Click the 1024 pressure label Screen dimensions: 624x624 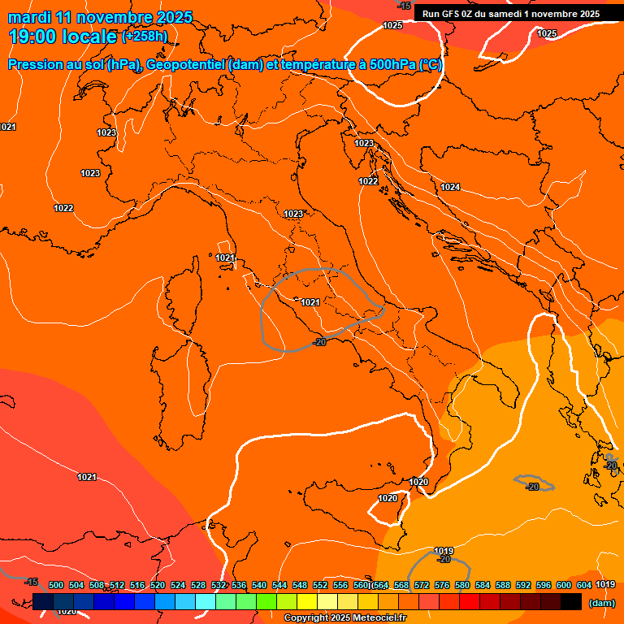[x=450, y=188]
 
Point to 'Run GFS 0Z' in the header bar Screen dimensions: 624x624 [x=450, y=14]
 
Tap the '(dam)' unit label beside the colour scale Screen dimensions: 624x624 [x=601, y=603]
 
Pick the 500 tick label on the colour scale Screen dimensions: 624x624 [x=56, y=585]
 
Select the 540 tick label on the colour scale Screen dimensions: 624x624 [x=259, y=585]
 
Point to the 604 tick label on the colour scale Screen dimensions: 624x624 [x=584, y=585]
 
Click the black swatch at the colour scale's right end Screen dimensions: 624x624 [x=571, y=601]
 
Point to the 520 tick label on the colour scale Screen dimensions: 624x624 [x=158, y=585]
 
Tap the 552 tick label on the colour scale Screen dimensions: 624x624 [x=320, y=585]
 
